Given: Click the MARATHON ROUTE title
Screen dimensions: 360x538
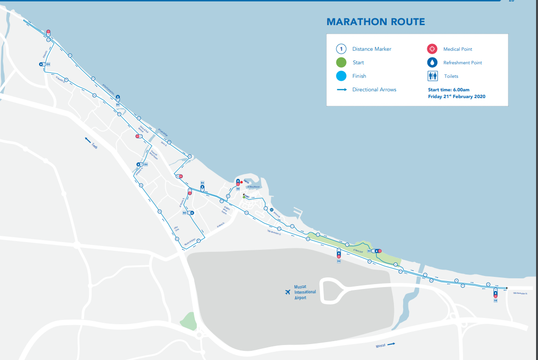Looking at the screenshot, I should point(376,22).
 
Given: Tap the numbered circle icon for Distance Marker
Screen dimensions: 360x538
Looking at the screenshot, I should point(341,49).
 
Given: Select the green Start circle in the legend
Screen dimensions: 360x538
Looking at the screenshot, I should point(341,62).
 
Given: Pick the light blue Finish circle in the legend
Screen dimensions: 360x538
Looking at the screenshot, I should point(341,76).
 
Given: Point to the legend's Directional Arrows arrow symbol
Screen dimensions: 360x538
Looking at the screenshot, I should point(341,89).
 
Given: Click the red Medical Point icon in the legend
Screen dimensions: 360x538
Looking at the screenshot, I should point(432,49).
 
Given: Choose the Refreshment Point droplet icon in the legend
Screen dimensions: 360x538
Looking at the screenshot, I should point(432,62).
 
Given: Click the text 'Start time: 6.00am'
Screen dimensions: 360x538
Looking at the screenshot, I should point(449,90).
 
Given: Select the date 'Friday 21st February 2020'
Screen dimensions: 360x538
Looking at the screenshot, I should point(456,97).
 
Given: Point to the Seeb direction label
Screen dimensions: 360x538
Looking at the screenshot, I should point(94,145).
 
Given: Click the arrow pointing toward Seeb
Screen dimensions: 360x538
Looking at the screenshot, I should point(88,140).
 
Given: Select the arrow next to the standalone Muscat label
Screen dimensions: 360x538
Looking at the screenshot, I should point(391,344).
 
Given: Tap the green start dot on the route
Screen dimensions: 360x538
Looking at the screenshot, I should point(244,197).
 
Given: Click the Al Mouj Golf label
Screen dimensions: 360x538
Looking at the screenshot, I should point(359,250).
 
